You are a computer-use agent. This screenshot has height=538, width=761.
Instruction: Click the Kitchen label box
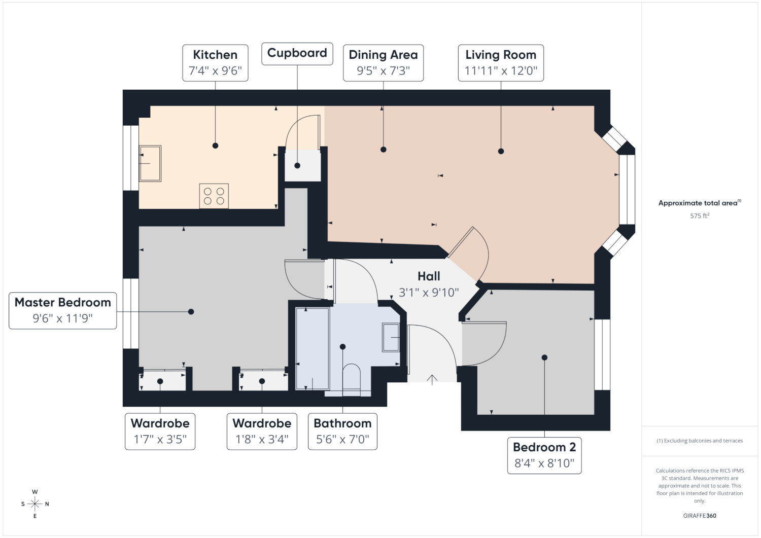pos(215,63)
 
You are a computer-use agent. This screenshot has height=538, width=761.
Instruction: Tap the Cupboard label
pos(297,54)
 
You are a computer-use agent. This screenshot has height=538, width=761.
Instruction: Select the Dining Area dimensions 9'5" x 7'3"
pos(383,70)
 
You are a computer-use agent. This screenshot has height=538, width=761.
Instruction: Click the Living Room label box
pos(501,63)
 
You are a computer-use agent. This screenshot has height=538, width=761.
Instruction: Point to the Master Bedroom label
pos(63,310)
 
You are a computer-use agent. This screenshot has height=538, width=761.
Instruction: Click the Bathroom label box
pos(342,432)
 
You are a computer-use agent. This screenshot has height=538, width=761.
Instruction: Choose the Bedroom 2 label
pos(544,455)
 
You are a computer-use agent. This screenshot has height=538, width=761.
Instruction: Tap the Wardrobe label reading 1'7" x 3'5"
pos(160,432)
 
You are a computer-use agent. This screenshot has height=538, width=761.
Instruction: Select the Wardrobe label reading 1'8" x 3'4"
pos(262,432)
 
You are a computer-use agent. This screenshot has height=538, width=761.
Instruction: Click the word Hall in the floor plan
pos(429,276)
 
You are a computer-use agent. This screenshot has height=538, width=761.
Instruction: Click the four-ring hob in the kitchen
pos(214,196)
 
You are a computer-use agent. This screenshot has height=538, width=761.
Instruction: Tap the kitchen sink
pos(150,163)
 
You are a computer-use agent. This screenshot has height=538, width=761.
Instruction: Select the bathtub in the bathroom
pos(312,348)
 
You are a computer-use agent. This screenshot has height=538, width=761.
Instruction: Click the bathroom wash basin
pos(391,337)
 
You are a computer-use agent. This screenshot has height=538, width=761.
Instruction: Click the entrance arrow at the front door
pos(432,380)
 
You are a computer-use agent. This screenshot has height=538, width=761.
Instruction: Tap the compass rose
pos(35,504)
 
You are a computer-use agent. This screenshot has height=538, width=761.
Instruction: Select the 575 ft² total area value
pos(700,216)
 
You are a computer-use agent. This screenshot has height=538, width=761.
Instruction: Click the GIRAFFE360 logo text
pos(700,516)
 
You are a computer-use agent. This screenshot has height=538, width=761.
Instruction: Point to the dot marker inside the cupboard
pos(297,166)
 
